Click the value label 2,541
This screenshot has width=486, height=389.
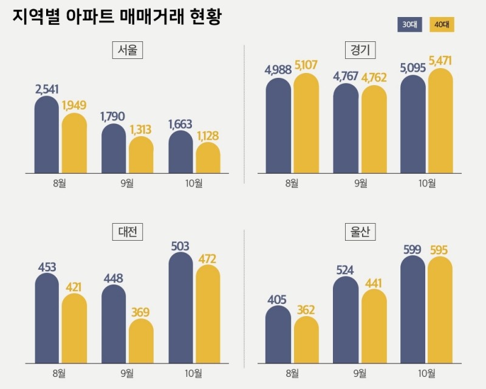[47, 89]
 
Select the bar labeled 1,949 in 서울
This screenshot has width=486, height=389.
[74, 143]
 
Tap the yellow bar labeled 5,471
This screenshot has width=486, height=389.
[440, 122]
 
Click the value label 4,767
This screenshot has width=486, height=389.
[346, 76]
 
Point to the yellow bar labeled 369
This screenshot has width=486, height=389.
[141, 342]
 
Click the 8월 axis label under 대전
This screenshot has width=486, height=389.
[60, 373]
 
